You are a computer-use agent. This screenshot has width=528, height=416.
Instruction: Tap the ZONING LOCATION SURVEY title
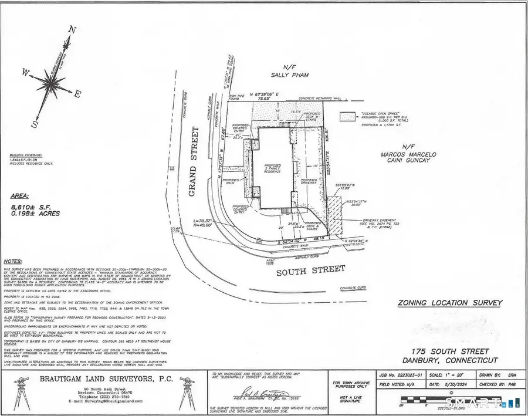coord(450,303)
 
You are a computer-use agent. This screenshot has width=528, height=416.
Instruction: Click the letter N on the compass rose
coord(73,29)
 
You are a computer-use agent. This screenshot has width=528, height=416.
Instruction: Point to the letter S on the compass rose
coord(35,124)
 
